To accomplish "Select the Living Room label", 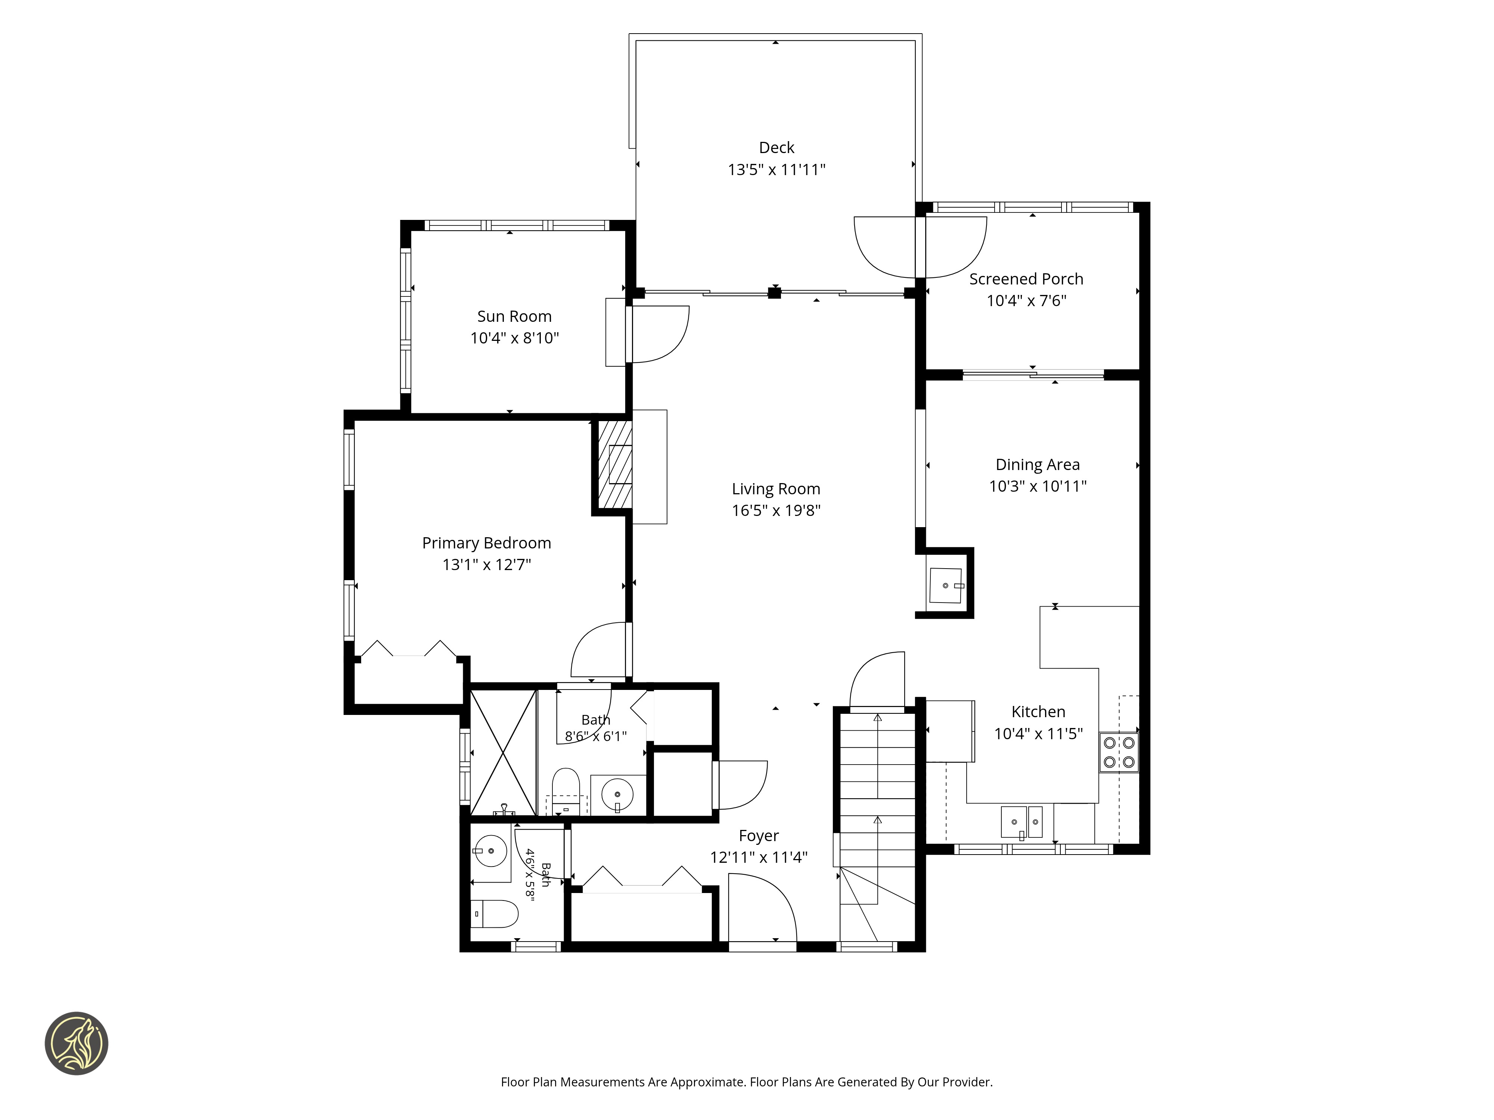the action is (776, 489).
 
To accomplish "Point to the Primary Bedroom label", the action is (486, 543).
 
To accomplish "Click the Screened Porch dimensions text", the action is (1027, 301).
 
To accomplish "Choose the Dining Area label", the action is (1038, 464).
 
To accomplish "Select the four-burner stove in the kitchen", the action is (1119, 752).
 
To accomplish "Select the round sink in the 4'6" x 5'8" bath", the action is (491, 850).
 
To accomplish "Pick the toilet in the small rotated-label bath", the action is (495, 914).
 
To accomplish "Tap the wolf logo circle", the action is (76, 1043).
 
